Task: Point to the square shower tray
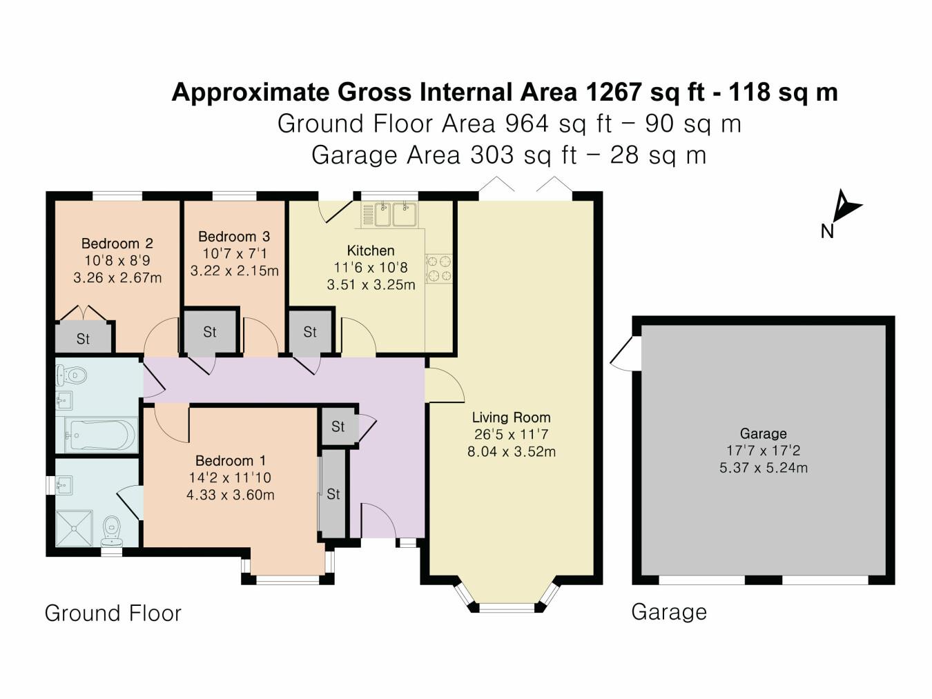pos(74,529)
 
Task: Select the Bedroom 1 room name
pos(230,460)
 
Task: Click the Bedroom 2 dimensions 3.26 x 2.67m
pos(117,278)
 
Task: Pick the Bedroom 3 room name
pos(234,237)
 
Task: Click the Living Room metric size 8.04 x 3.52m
pos(511,452)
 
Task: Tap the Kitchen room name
pos(371,250)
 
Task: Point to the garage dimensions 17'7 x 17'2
pos(763,451)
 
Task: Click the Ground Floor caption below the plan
pos(113,613)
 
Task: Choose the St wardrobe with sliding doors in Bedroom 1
pos(333,494)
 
